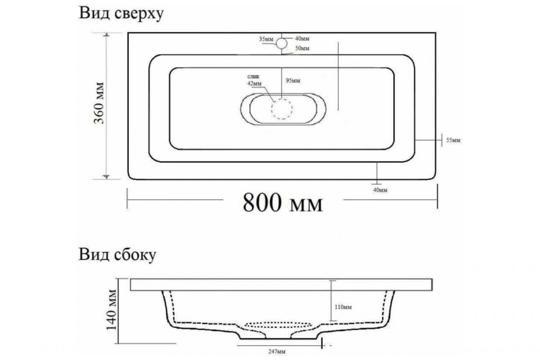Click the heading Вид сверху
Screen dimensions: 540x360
121,14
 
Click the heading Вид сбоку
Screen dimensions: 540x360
117,255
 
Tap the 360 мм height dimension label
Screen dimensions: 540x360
99,103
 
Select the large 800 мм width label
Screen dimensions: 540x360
283,203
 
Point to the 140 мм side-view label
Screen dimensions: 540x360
112,310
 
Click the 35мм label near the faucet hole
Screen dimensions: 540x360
266,39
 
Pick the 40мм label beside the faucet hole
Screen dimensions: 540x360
302,39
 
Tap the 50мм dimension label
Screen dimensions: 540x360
302,49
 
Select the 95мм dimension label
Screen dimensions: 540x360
293,81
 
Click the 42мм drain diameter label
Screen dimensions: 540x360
254,83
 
